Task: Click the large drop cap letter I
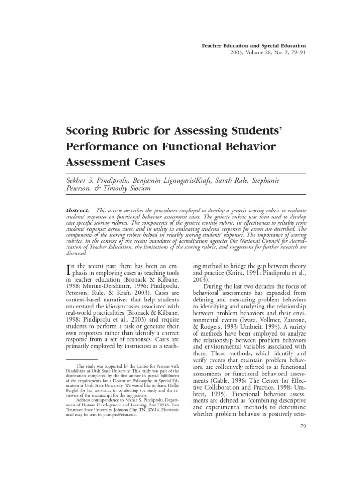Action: (x=71, y=270)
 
